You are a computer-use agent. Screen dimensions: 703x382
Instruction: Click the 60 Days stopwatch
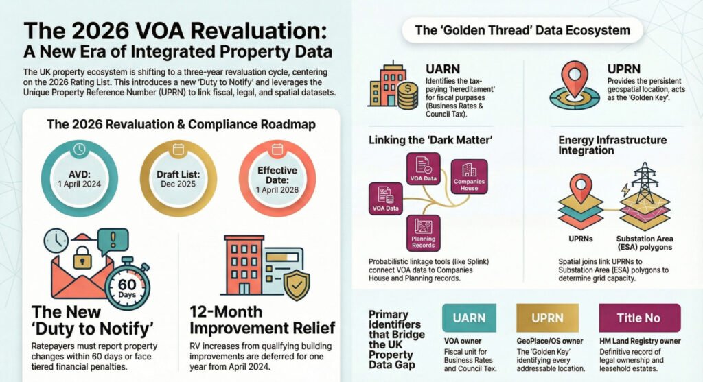127,285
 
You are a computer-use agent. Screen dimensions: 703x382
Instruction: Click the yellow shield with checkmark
296,284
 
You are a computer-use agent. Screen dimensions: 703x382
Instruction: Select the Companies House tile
469,176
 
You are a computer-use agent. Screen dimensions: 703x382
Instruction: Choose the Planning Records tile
423,233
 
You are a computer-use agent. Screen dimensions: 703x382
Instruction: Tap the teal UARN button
469,318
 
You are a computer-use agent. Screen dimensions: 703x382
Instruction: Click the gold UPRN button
547,318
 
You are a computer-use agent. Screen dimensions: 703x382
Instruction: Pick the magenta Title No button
640,318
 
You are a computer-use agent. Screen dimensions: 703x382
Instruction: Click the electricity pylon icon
644,183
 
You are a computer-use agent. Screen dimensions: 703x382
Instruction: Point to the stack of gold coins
408,95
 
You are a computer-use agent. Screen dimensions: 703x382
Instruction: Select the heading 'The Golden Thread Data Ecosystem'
522,30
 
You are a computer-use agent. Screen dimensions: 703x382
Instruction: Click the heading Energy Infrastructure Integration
612,145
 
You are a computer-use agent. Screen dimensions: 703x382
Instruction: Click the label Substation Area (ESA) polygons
645,243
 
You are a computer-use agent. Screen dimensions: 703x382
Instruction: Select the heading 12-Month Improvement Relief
262,320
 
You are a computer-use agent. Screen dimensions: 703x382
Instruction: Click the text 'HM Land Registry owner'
641,342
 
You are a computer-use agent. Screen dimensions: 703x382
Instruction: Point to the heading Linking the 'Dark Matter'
430,140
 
